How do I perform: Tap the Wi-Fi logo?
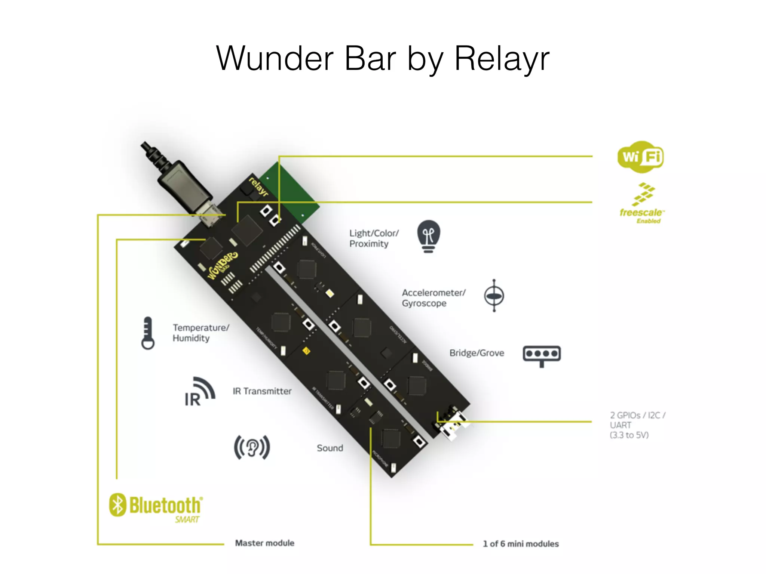(x=641, y=157)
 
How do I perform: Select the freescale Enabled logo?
(x=642, y=204)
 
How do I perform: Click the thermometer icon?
(x=148, y=333)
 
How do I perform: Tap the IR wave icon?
(x=200, y=392)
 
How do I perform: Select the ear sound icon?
(x=252, y=447)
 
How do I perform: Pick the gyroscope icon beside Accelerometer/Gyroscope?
(x=494, y=296)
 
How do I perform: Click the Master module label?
(x=264, y=543)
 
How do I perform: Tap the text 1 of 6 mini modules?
(x=521, y=544)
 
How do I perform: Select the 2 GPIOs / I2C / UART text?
(x=637, y=425)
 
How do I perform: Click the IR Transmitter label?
(x=262, y=391)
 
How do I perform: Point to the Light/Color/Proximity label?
(x=374, y=238)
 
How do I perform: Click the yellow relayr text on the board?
(x=258, y=186)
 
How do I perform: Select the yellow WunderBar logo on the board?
(x=223, y=265)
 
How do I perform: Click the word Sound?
(x=330, y=448)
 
